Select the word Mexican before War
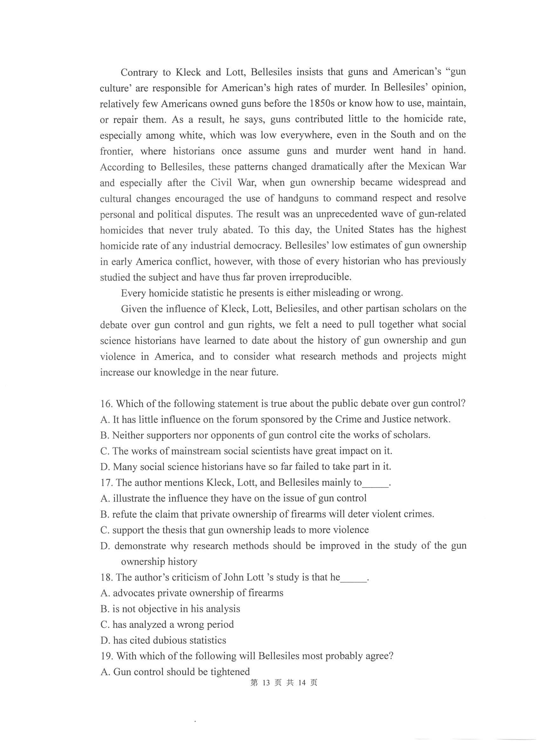click(426, 167)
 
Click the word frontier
click(117, 151)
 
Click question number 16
click(106, 404)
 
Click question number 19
click(107, 656)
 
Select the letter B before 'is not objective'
click(105, 609)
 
